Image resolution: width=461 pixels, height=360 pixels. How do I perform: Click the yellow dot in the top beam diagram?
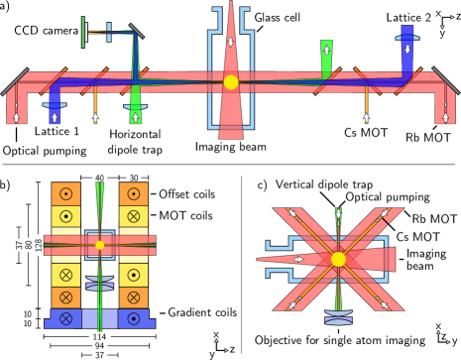tap(231, 82)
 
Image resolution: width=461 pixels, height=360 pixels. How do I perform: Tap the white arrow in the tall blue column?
tap(406, 49)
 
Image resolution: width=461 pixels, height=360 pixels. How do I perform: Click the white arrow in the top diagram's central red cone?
tap(231, 42)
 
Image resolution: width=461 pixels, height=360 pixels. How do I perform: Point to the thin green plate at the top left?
tap(83, 32)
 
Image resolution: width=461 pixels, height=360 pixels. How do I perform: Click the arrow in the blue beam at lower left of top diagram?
tap(55, 117)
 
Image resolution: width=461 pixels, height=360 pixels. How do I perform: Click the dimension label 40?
tap(99, 178)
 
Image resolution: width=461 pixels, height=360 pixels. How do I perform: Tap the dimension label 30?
tap(133, 178)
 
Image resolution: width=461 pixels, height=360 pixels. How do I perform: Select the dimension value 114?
tap(99, 337)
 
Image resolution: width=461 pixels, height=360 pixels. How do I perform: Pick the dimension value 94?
tap(99, 346)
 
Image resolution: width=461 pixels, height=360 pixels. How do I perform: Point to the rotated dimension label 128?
tap(39, 244)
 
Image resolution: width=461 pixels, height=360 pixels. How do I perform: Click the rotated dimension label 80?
tap(29, 244)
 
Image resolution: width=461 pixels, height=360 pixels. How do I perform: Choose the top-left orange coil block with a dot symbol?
tap(65, 193)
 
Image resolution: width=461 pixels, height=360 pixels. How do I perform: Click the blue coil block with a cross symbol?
tap(65, 318)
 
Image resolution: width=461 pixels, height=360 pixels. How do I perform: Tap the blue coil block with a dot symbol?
tap(133, 318)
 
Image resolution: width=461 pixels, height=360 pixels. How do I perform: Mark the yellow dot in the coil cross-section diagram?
tap(99, 244)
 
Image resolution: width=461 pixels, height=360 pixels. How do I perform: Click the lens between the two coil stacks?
tap(99, 283)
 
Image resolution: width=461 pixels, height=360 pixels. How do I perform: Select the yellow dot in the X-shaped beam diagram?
tap(338, 259)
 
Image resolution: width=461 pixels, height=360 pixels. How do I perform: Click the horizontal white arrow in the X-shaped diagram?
tap(298, 259)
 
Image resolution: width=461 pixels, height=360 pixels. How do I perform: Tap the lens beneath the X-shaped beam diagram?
tap(338, 317)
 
